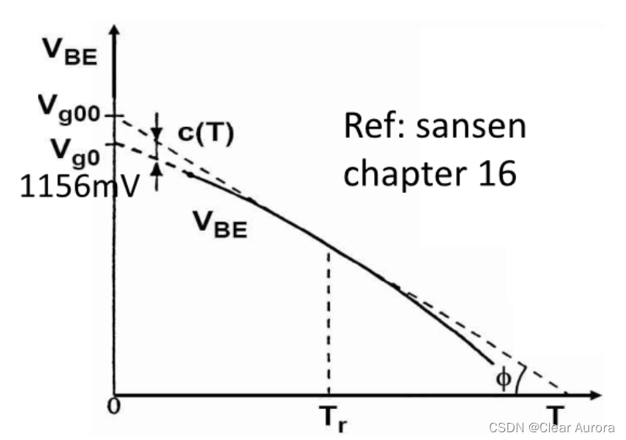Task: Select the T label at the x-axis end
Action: point(554,414)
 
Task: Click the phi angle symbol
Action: point(504,379)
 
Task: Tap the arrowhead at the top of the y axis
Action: point(115,32)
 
